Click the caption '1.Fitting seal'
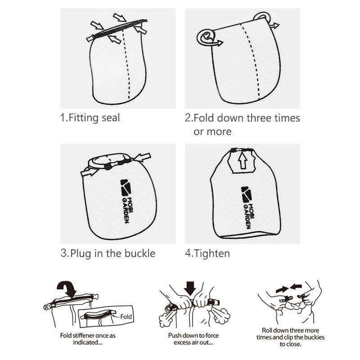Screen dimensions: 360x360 (x=90, y=118)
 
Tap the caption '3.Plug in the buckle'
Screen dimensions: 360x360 (x=108, y=253)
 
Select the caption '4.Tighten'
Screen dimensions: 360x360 (x=207, y=253)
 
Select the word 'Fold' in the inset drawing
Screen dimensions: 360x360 (x=126, y=317)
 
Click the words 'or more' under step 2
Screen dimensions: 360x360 (x=212, y=131)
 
